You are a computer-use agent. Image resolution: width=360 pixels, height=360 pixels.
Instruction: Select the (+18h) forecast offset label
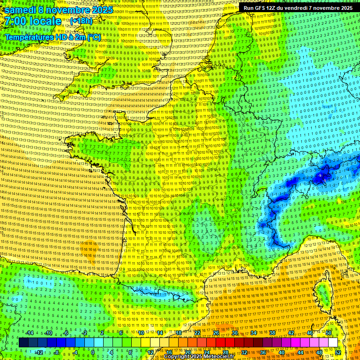coord(81,22)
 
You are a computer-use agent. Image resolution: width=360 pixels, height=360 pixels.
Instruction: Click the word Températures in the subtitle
coord(32,37)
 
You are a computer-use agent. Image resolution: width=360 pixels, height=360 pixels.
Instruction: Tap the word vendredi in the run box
coord(303,8)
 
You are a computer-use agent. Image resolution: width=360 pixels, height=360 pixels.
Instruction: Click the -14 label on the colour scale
coord(30,333)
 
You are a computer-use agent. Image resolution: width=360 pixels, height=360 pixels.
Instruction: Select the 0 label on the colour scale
coord(92,352)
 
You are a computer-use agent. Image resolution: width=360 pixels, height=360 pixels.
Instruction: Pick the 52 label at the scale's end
coord(338,352)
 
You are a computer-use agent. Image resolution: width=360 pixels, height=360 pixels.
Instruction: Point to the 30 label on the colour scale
coord(234,333)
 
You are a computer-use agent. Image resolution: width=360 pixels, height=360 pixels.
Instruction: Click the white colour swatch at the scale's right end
coord(333,343)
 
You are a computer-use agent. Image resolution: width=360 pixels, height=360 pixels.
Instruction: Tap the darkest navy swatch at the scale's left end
coord(23,343)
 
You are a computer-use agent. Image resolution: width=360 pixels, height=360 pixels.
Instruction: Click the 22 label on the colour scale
coord(197,333)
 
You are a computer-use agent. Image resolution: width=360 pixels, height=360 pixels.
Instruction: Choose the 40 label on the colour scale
coord(281,352)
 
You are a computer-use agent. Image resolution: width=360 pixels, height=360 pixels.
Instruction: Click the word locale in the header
coord(45,21)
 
